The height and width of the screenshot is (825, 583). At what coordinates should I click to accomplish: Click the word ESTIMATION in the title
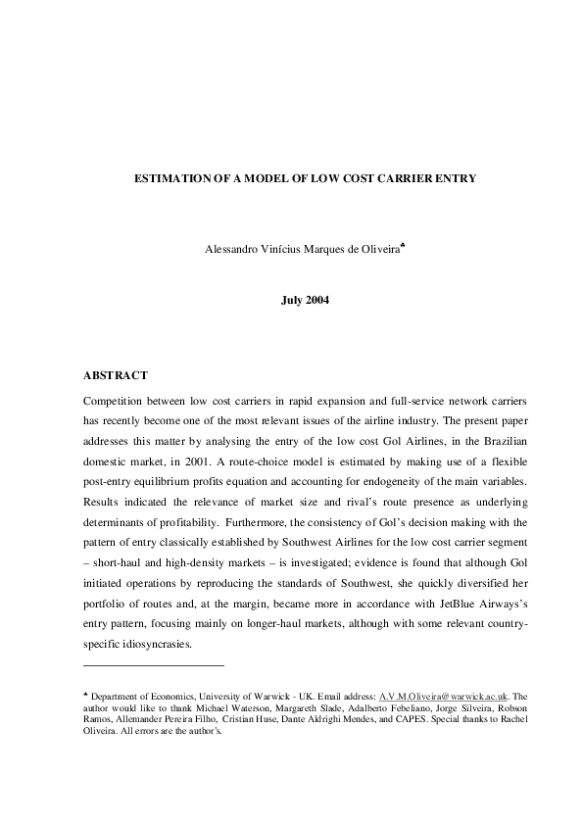tap(171, 180)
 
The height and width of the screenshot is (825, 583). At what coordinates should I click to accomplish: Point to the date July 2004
tap(305, 300)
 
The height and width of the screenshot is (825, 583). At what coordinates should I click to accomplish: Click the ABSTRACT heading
tap(116, 375)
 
